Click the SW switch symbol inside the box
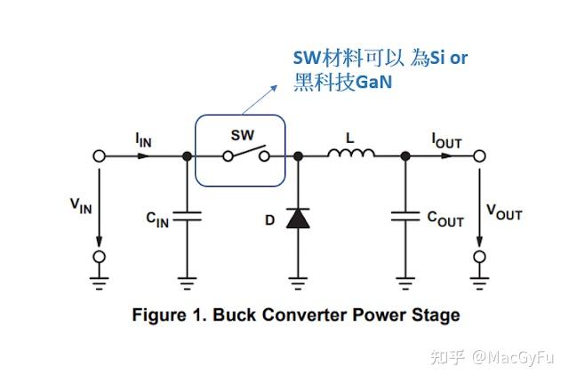click(247, 155)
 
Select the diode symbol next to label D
click(298, 217)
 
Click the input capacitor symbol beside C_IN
click(187, 216)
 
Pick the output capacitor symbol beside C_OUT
click(405, 216)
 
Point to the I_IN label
click(144, 139)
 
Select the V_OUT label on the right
click(503, 211)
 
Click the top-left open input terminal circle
click(100, 155)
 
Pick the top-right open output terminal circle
click(480, 155)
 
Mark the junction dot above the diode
click(298, 155)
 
